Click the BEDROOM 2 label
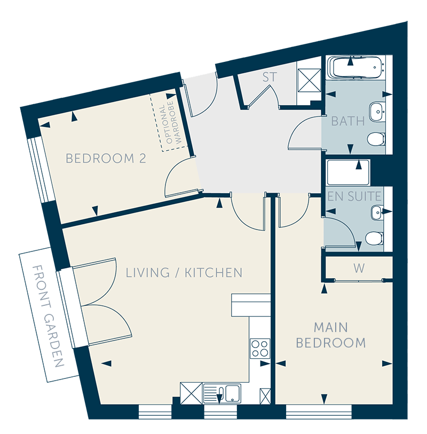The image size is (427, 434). pyautogui.click(x=106, y=159)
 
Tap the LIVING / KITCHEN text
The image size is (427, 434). pyautogui.click(x=184, y=273)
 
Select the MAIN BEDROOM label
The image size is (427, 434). pyautogui.click(x=331, y=335)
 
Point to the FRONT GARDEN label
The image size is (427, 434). pyautogui.click(x=48, y=316)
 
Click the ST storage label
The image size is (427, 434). pyautogui.click(x=270, y=77)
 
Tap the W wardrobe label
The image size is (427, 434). pyautogui.click(x=359, y=268)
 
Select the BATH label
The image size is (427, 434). pyautogui.click(x=348, y=121)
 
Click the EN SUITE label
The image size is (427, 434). pyautogui.click(x=354, y=196)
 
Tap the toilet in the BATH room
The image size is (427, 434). pyautogui.click(x=376, y=139)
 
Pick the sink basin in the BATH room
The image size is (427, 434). pyautogui.click(x=377, y=112)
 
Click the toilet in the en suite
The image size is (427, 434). pyautogui.click(x=374, y=238)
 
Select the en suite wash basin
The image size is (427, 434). pyautogui.click(x=377, y=212)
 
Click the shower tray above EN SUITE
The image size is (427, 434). pyautogui.click(x=348, y=172)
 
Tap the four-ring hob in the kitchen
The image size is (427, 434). pyautogui.click(x=260, y=348)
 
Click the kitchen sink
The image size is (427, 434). pyautogui.click(x=222, y=393)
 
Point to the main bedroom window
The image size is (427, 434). pyautogui.click(x=319, y=412)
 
